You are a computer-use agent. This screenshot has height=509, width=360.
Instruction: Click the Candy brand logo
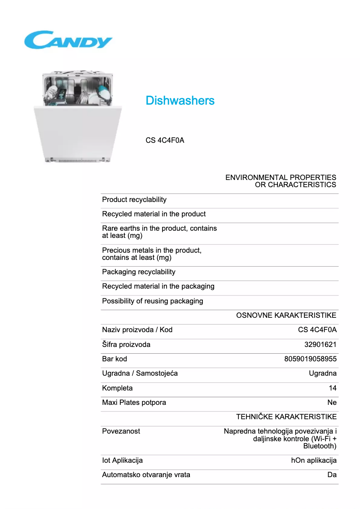click(x=68, y=40)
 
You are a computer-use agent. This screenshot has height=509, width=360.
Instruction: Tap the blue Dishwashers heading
click(x=180, y=101)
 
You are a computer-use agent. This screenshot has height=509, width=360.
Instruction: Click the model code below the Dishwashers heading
click(x=165, y=140)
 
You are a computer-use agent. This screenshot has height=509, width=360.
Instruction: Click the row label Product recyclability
click(x=134, y=200)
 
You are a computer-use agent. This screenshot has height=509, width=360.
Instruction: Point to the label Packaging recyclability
click(x=139, y=272)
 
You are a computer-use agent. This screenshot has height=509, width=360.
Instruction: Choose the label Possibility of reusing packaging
click(x=153, y=301)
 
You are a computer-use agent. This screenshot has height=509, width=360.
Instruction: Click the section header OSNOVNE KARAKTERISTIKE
click(x=286, y=316)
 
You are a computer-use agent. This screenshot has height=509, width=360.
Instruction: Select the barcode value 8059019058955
click(x=310, y=359)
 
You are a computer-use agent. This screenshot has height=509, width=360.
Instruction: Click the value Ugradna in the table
click(x=322, y=373)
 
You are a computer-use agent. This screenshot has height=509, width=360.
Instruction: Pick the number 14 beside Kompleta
click(x=332, y=388)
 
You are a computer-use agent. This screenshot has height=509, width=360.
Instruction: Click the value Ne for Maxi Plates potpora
click(x=332, y=403)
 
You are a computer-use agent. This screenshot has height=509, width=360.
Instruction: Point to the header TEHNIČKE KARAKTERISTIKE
click(x=286, y=417)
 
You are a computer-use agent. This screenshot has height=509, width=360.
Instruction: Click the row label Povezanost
click(x=121, y=431)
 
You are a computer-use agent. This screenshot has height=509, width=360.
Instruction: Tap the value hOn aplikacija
click(x=314, y=461)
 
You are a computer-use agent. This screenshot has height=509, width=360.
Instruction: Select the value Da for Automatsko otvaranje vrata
click(x=332, y=475)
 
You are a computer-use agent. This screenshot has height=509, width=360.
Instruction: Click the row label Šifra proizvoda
click(x=126, y=345)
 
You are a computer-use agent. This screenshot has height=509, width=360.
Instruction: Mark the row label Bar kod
click(x=114, y=359)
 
